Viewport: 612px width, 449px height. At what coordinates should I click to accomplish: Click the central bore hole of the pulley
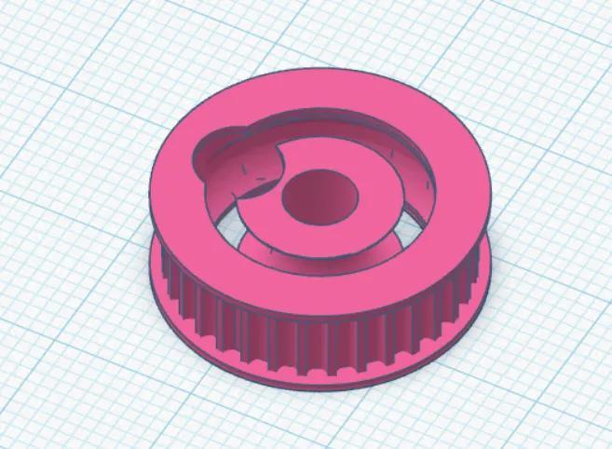(318, 197)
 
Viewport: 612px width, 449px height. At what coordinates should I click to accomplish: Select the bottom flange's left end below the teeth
(158, 279)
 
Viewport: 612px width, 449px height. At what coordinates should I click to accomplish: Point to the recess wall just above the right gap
(419, 191)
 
